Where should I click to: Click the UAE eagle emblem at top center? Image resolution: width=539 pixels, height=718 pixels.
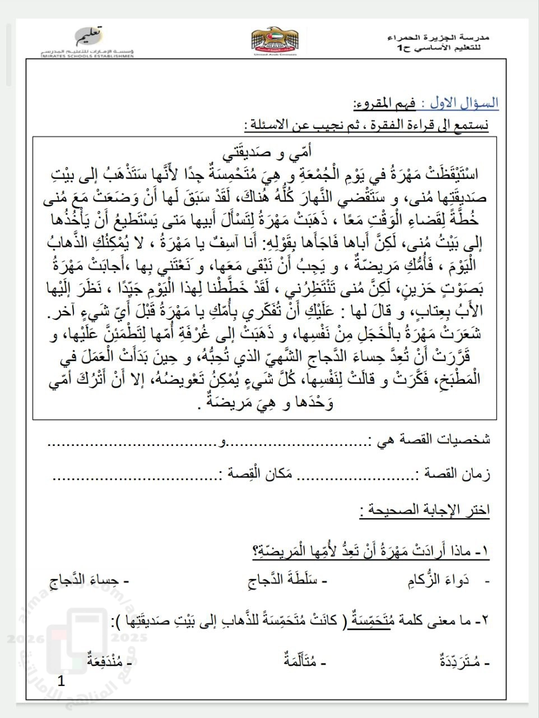(x=276, y=41)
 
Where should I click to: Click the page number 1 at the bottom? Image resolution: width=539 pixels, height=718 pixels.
(x=62, y=682)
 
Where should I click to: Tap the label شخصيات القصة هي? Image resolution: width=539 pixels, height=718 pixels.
(x=432, y=439)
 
